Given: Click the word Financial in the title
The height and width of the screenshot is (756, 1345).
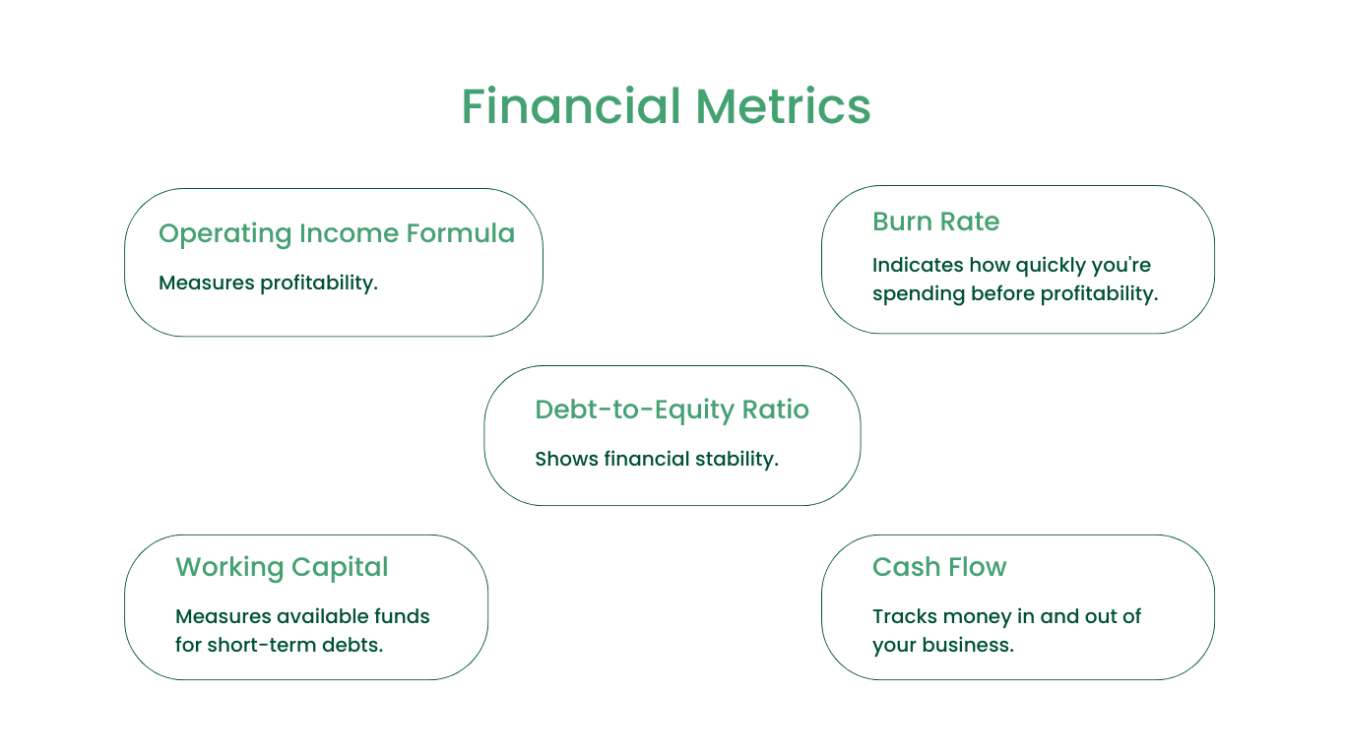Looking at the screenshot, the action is pos(571,105).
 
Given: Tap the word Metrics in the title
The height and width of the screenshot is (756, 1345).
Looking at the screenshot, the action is pos(783,105).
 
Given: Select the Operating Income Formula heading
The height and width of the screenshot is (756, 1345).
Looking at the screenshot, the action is pos(337,233).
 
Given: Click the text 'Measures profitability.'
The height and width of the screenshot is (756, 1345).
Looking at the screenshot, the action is pos(268,283).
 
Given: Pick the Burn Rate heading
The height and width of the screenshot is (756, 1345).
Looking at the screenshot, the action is pos(935,221).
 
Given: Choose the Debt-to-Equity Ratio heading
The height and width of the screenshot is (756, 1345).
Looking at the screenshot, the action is pos(672,410).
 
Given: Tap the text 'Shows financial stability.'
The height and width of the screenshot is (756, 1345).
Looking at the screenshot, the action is pos(657,459).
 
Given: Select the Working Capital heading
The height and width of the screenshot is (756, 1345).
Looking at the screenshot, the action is pos(282,567).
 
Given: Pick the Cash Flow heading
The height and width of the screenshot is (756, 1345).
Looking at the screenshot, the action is pos(939,567).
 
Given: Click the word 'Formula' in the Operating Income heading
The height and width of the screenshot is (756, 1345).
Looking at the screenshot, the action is pos(460,233).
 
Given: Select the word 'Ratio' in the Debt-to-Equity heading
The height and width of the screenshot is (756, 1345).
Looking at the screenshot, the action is pos(776,409).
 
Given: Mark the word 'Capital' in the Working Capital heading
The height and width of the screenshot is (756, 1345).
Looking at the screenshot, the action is pos(340,567).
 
